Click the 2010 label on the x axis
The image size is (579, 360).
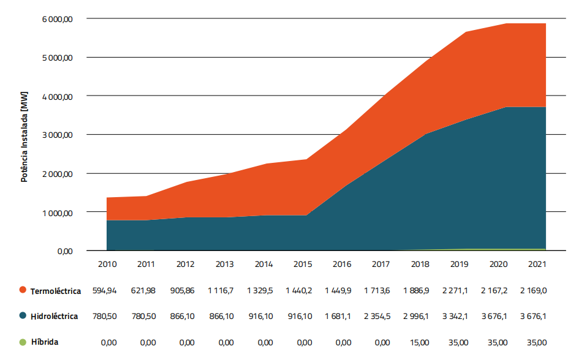pyautogui.click(x=108, y=264)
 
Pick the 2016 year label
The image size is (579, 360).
pyautogui.click(x=342, y=264)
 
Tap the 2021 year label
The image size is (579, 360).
pyautogui.click(x=537, y=264)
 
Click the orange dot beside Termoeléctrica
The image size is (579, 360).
pyautogui.click(x=23, y=290)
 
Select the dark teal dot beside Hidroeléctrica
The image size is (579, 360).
pyautogui.click(x=23, y=316)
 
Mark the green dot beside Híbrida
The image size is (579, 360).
pyautogui.click(x=23, y=342)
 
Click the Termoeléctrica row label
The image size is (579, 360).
pyautogui.click(x=55, y=291)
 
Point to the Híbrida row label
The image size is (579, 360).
pyautogui.click(x=44, y=342)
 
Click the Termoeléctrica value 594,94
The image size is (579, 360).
pyautogui.click(x=108, y=290)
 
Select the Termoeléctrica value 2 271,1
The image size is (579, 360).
pyautogui.click(x=459, y=290)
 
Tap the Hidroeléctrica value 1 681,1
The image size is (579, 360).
pyautogui.click(x=342, y=316)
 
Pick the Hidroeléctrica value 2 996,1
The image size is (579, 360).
pyautogui.click(x=420, y=316)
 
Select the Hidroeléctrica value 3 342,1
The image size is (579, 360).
pyautogui.click(x=459, y=316)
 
